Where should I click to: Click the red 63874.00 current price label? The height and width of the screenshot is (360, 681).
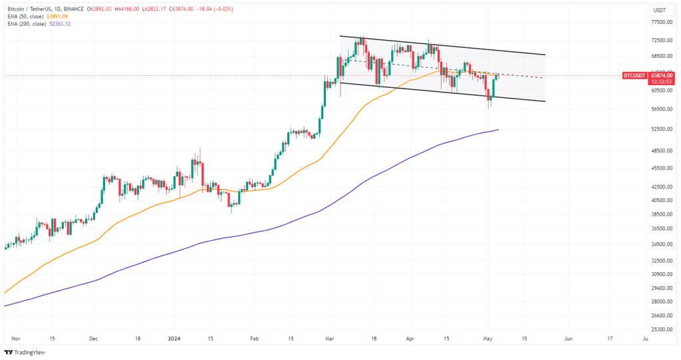point(662,75)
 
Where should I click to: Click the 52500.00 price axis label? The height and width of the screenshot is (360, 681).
point(662,129)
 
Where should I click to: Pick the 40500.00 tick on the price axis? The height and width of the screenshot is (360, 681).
point(662,200)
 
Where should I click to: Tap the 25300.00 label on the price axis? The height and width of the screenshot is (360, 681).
point(662,329)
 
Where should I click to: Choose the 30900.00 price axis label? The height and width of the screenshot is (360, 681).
point(662,274)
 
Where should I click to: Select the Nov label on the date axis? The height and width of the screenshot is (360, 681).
point(16,338)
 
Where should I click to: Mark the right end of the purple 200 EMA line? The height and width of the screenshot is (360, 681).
point(498,130)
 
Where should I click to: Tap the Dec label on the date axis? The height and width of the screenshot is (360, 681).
point(93,338)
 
